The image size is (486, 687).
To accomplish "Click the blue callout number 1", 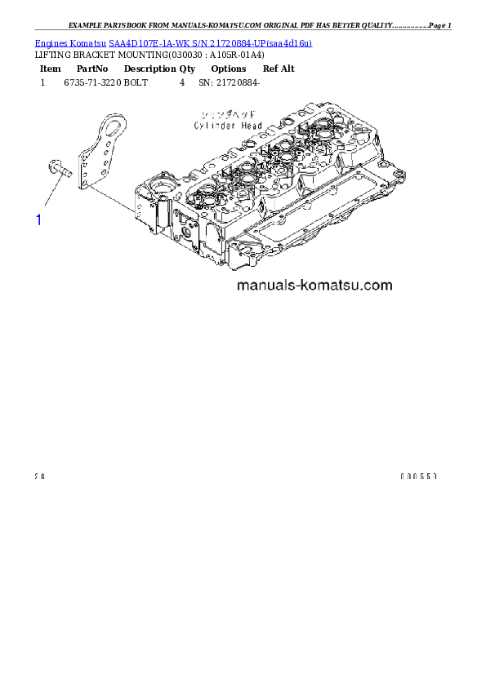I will [38, 219].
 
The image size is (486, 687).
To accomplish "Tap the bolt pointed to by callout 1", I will [60, 170].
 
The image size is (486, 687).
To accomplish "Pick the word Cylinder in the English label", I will [214, 126].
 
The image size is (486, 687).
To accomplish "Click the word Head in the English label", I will [252, 126].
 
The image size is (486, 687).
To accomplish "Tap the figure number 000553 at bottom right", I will [419, 476].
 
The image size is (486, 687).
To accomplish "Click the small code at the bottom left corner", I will [39, 476].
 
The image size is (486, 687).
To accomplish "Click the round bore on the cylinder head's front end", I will [160, 191].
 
